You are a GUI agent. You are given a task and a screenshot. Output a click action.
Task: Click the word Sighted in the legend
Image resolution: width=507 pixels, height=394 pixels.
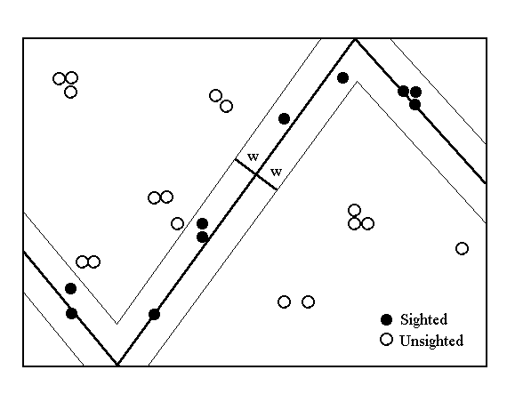coord(423,319)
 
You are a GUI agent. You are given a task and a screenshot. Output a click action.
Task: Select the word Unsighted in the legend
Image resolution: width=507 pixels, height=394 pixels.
coord(431,341)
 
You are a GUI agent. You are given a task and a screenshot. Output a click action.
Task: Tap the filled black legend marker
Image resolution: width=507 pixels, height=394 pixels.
coord(386,319)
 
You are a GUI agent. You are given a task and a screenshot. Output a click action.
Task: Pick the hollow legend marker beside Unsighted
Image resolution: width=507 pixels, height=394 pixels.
coord(386,340)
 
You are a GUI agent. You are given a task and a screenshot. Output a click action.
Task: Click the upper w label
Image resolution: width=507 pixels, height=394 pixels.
coord(253,157)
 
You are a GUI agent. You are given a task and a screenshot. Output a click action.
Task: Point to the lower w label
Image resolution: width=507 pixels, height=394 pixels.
coord(276,172)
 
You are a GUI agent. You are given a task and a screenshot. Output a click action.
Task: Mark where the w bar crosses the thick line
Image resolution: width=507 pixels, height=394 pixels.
coord(256,174)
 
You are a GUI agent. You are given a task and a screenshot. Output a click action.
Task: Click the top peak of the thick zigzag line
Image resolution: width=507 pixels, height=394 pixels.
coord(356,40)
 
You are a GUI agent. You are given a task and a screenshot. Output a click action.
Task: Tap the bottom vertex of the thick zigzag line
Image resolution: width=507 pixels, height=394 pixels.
coord(117,364)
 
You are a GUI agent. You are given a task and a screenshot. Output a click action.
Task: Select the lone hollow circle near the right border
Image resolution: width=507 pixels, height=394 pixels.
coord(462,248)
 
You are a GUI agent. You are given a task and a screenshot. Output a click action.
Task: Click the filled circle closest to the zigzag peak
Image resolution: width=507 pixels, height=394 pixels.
coord(342,78)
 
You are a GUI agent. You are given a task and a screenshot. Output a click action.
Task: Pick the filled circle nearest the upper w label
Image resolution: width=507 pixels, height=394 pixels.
coord(284,119)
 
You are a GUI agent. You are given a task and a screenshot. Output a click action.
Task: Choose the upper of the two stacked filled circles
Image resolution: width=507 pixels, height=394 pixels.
coord(202,223)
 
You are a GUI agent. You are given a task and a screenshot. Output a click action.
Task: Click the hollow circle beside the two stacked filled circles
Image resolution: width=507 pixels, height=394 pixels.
coord(177,223)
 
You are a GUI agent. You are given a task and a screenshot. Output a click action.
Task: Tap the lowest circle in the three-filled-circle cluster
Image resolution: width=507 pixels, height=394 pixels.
coord(414,105)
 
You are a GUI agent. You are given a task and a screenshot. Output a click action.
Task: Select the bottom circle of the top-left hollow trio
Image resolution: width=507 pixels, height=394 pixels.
coord(71,92)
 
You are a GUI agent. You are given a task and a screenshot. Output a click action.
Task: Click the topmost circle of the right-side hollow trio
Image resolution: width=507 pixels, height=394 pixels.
coord(354,211)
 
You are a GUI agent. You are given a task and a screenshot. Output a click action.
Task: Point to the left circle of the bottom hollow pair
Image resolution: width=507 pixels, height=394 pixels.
coord(284,302)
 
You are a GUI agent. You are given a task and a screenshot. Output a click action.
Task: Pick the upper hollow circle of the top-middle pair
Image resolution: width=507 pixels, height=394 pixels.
coord(215,96)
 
